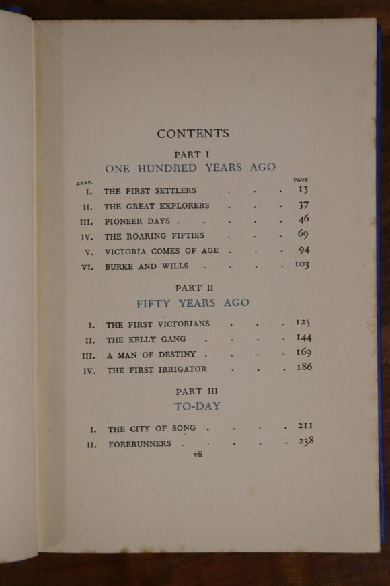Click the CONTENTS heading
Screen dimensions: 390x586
(x=193, y=133)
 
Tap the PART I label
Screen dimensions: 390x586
(x=192, y=154)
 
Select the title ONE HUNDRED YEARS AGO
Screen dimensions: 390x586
(x=190, y=168)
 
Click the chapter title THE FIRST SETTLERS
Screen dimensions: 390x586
(x=150, y=191)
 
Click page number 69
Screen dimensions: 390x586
(x=303, y=235)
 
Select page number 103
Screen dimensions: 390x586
(x=301, y=265)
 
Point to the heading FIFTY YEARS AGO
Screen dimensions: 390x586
(x=192, y=303)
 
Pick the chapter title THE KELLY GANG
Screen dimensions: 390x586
(x=146, y=339)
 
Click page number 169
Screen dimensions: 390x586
(x=303, y=352)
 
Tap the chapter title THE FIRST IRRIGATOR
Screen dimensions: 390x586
(x=157, y=369)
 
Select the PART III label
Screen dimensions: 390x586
(x=197, y=391)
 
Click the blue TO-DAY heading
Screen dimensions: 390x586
(x=197, y=406)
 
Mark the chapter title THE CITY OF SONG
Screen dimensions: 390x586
(x=152, y=428)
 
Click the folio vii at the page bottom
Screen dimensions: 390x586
(x=198, y=454)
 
